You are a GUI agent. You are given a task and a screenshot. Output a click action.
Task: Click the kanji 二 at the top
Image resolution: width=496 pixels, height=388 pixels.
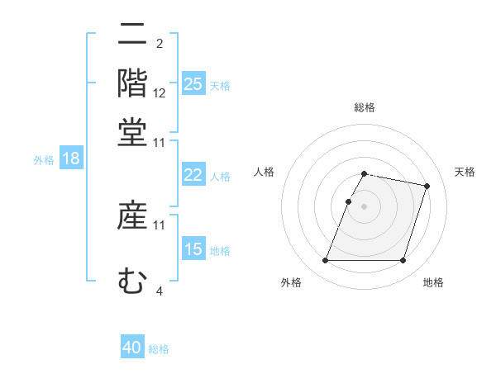click(x=132, y=35)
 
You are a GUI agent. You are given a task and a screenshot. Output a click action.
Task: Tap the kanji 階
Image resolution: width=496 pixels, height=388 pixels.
click(x=132, y=83)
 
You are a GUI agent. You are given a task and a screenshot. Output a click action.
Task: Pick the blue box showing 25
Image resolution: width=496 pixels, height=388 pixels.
click(x=193, y=84)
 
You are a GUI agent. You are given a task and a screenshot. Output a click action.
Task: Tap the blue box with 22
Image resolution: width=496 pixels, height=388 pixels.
click(x=193, y=175)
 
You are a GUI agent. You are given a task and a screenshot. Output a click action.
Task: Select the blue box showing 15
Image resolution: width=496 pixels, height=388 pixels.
click(x=193, y=249)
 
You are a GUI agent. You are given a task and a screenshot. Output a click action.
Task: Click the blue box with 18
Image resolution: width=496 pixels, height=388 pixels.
click(x=71, y=159)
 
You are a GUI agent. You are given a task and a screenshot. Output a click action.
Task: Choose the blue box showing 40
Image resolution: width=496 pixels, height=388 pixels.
click(x=132, y=348)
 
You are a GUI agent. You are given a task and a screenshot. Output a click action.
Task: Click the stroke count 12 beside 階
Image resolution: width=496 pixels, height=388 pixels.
click(x=160, y=93)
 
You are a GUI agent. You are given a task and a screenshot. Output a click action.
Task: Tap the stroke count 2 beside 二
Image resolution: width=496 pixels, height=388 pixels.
click(x=159, y=44)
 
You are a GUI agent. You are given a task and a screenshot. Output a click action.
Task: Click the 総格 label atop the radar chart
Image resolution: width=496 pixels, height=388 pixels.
click(x=365, y=108)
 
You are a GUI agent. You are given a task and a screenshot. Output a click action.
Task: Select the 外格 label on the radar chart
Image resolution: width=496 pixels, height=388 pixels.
click(x=291, y=283)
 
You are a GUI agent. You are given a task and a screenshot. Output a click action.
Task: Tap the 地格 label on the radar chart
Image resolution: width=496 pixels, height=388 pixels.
click(x=433, y=283)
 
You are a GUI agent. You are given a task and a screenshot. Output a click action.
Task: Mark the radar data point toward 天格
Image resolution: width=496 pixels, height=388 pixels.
click(x=427, y=187)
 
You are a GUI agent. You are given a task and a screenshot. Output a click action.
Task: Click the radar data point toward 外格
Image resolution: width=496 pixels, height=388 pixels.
click(x=326, y=261)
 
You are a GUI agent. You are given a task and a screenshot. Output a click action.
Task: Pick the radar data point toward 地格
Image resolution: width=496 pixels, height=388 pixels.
click(x=403, y=261)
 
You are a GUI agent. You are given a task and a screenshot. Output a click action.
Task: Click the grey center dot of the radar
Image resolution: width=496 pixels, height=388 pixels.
click(x=365, y=206)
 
